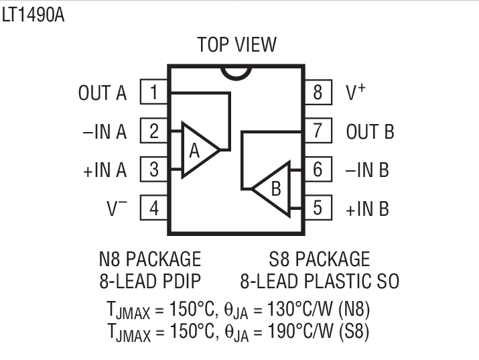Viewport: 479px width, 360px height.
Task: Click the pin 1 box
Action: [153, 92]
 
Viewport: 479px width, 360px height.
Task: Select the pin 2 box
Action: [153, 131]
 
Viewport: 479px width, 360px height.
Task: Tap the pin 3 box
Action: [153, 170]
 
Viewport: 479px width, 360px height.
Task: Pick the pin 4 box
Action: [153, 208]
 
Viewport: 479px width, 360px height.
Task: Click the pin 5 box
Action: [318, 208]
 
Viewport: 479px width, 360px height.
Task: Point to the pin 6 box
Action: [318, 170]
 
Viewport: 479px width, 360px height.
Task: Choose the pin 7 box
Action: [318, 131]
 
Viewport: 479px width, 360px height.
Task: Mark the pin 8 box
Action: [318, 92]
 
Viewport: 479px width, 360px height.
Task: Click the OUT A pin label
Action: [102, 93]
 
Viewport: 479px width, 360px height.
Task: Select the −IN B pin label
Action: [367, 170]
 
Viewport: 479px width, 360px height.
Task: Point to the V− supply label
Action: [117, 208]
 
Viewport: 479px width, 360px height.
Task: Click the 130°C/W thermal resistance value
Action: [303, 310]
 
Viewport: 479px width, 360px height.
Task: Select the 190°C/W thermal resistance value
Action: [303, 331]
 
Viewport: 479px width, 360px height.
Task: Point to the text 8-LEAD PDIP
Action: [149, 280]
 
